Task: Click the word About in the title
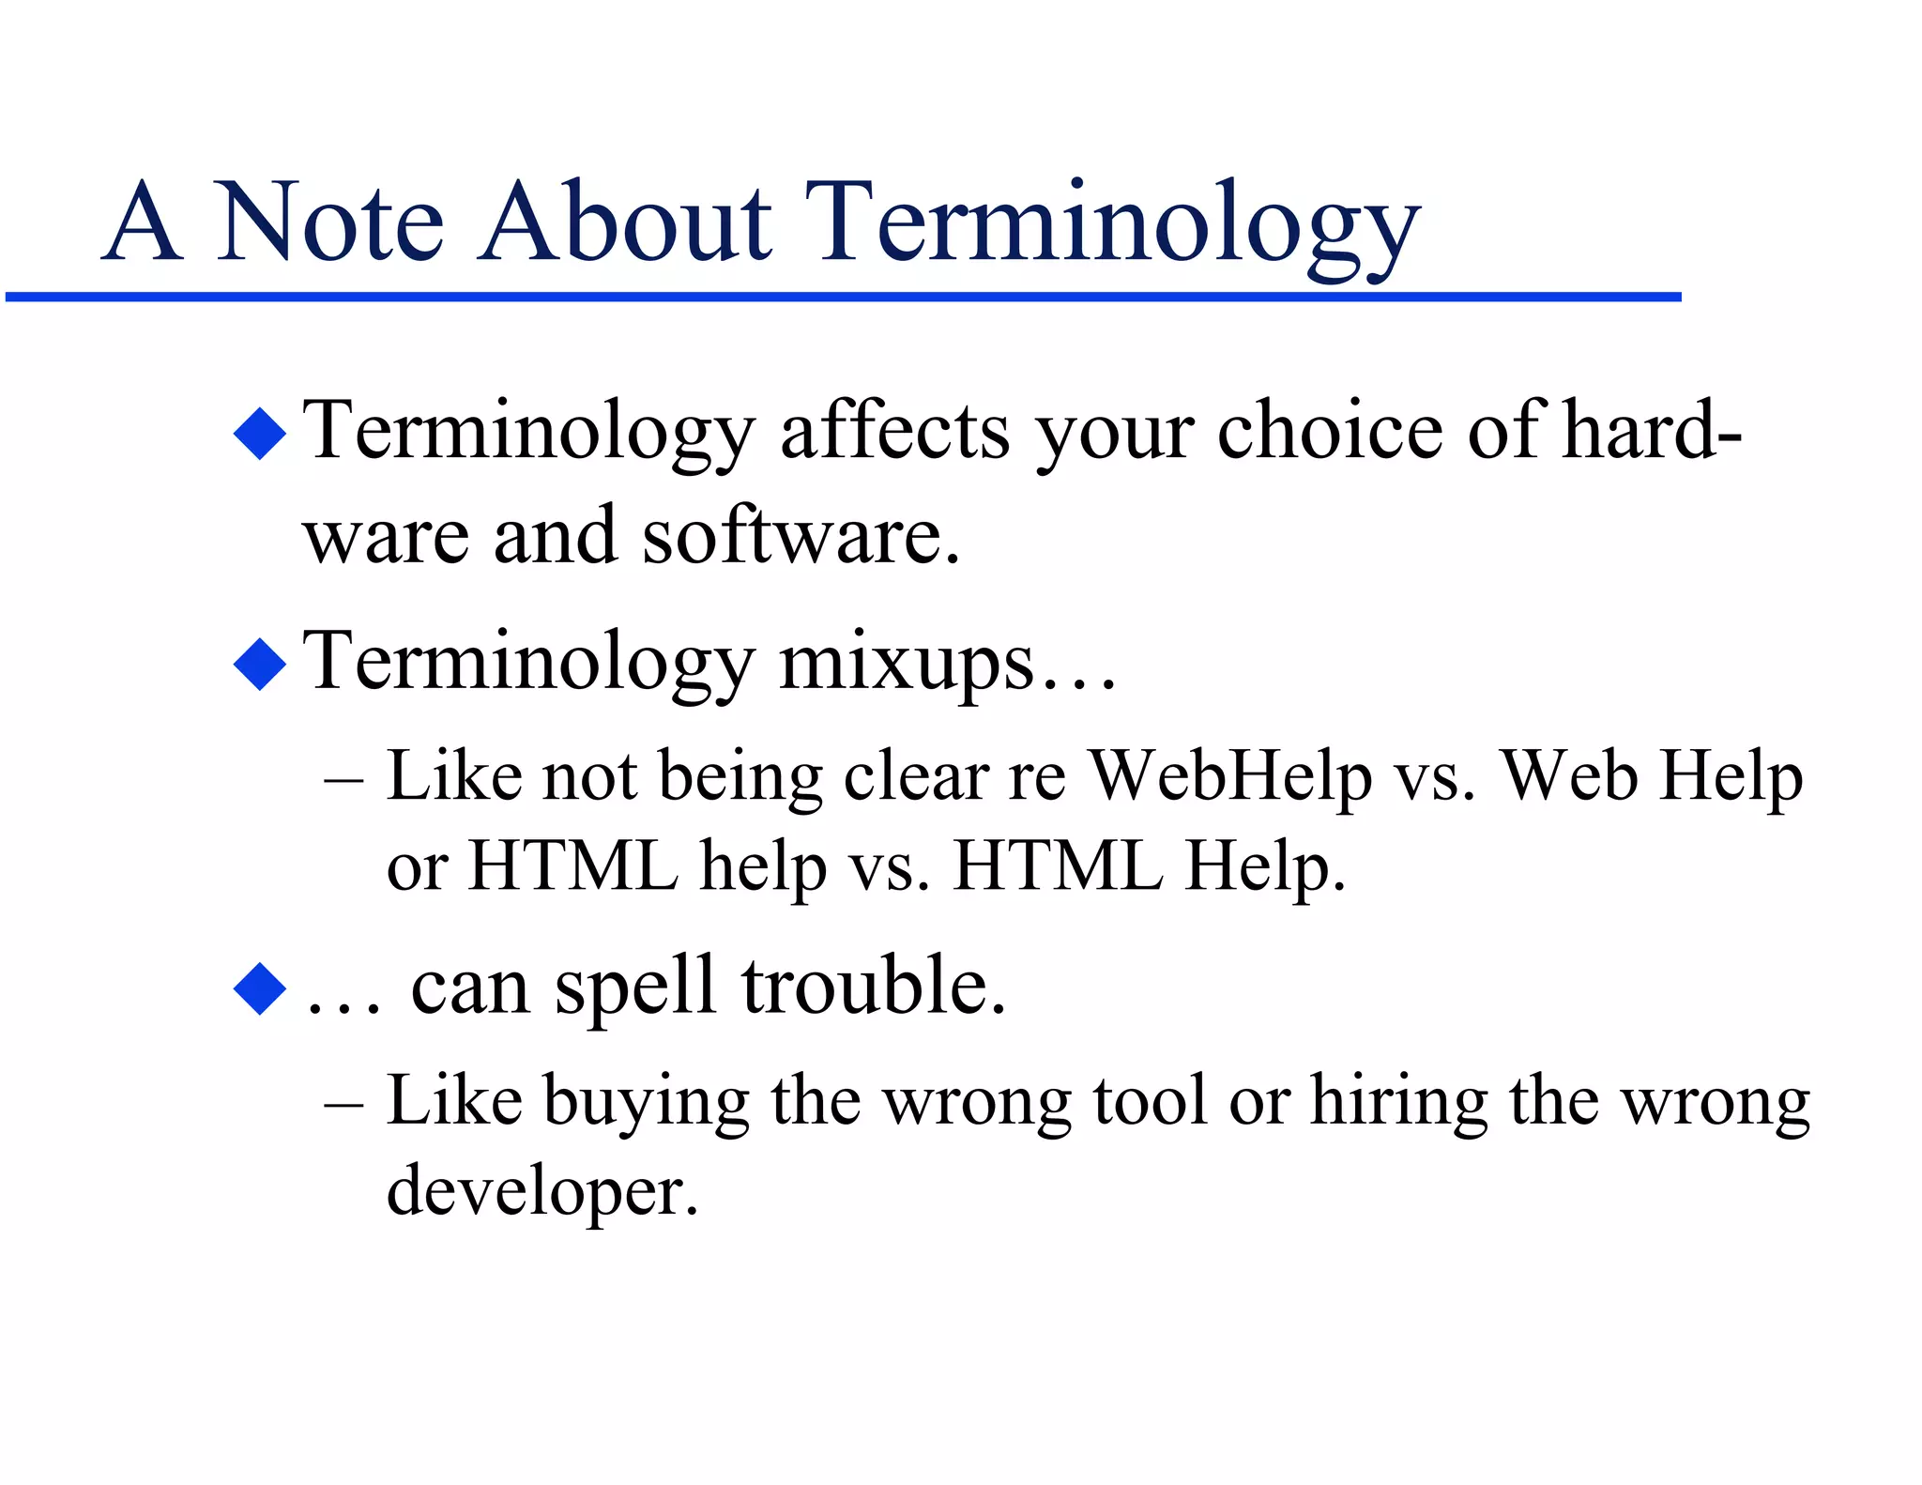click(626, 223)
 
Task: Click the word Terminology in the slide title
click(1112, 225)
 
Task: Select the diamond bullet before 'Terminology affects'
click(260, 434)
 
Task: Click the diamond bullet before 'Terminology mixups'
click(260, 665)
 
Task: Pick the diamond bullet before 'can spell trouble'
click(260, 988)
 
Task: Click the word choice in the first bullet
click(1330, 432)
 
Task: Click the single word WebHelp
click(1230, 777)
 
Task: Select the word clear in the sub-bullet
click(916, 777)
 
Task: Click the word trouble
click(873, 987)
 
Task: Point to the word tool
click(1150, 1100)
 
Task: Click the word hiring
click(1398, 1102)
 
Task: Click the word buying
click(647, 1102)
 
